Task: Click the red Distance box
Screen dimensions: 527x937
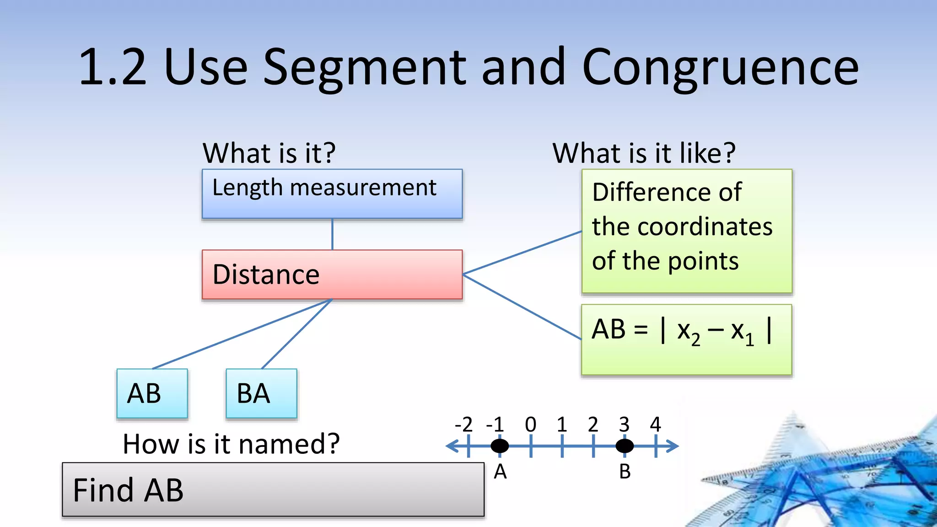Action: click(332, 274)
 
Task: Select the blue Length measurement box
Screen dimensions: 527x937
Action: click(332, 194)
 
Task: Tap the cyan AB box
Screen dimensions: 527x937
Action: click(152, 393)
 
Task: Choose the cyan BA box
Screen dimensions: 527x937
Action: click(261, 393)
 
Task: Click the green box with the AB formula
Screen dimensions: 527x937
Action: click(686, 340)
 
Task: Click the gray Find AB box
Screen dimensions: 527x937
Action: click(273, 489)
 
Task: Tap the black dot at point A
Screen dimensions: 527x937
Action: click(500, 446)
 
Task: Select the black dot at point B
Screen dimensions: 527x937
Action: click(625, 446)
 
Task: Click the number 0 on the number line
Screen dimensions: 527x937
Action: click(531, 425)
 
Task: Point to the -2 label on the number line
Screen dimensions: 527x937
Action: click(463, 425)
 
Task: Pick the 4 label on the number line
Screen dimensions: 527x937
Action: click(656, 425)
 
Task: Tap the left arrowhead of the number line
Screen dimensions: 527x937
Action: click(451, 446)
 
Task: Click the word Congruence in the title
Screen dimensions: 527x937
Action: click(720, 67)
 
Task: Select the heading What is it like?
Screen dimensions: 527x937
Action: click(644, 153)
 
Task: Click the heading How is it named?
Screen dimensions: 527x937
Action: click(231, 444)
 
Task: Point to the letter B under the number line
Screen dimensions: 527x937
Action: click(625, 472)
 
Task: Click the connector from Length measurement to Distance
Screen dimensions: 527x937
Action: click(332, 234)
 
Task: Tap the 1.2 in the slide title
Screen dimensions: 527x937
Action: click(113, 67)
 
